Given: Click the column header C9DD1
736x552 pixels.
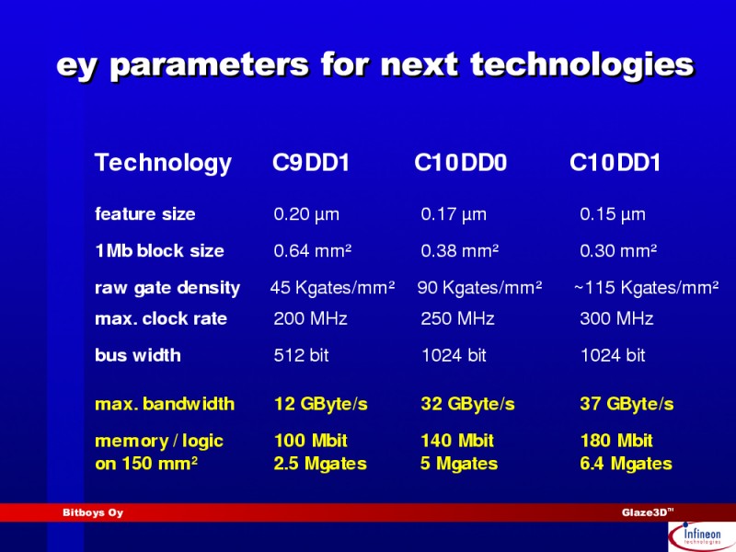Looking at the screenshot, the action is pos(311,163).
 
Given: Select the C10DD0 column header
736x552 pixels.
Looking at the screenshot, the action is pos(461,163).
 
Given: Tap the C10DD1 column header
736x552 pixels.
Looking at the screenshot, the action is pos(615,163).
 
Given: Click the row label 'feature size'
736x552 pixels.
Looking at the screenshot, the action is pos(145,214).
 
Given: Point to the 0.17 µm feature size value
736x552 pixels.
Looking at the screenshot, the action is pos(454,214).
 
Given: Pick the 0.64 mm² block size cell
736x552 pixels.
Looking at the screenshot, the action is pos(313,250).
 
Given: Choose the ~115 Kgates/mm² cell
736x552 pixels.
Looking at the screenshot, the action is pos(647,287).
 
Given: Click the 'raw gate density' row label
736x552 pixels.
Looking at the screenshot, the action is pos(167,288).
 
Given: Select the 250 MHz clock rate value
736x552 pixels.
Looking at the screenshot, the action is pos(457,318).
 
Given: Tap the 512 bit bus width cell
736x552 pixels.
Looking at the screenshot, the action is pos(302,355).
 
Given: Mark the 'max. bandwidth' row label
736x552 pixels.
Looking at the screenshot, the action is pos(165,404).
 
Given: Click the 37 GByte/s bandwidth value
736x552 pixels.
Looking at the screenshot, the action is pos(627,404).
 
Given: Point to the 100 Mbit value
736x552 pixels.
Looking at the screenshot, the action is pos(311,441).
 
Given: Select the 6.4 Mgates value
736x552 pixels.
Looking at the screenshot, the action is pos(627,464).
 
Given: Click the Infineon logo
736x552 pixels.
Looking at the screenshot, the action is pos(701,536).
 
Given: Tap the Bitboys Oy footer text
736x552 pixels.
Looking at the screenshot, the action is pos(93,512).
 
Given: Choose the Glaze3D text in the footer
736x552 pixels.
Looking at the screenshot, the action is pos(648,512).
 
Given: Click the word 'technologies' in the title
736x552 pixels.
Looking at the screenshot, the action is pos(582,65).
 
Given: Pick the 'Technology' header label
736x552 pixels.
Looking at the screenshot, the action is pos(163,164).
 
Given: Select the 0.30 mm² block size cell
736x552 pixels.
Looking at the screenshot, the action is pos(618,250).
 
